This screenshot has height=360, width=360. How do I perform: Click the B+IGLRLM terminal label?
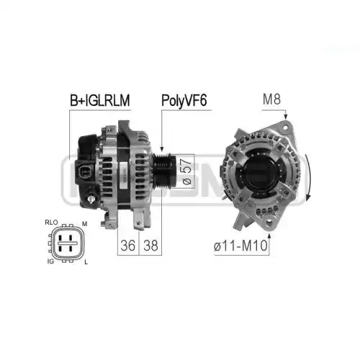tap(100, 100)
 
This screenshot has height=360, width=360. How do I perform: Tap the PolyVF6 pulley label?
tap(184, 100)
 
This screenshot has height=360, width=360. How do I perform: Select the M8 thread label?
tap(271, 99)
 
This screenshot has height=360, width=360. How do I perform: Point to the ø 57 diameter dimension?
tap(186, 171)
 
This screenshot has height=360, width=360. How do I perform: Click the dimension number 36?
tap(128, 246)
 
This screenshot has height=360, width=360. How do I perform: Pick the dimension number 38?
tap(150, 246)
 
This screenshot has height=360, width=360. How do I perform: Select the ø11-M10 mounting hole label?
tap(240, 246)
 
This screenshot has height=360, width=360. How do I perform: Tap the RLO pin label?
tap(51, 222)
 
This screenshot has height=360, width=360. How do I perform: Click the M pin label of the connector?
tap(85, 224)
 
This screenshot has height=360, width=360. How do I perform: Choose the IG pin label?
tap(50, 261)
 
